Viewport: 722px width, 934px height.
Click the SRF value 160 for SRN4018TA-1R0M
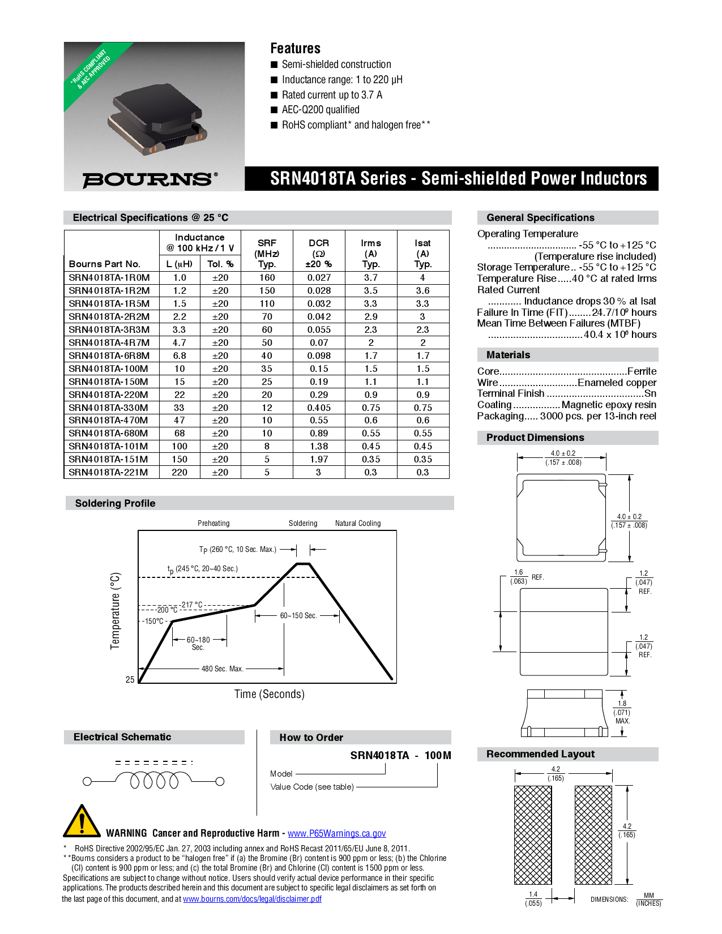click(x=267, y=278)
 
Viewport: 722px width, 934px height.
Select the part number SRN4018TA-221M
click(x=109, y=473)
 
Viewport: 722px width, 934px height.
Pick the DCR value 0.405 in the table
click(x=319, y=408)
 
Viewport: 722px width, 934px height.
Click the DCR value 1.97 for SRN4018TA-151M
click(x=319, y=459)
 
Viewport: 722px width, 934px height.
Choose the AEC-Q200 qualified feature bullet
click(x=321, y=110)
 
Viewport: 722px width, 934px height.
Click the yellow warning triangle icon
click(x=82, y=821)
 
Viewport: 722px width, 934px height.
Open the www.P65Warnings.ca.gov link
click(x=336, y=833)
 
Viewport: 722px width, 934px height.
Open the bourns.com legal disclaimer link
click(x=252, y=899)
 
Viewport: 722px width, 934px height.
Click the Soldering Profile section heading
click(x=115, y=503)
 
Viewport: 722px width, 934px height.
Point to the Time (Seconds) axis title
click(x=270, y=694)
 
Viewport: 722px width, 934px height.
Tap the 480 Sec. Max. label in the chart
click(x=222, y=669)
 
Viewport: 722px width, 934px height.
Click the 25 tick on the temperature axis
click(x=130, y=679)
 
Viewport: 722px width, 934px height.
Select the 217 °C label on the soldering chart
click(x=191, y=605)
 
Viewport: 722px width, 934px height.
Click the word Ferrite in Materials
click(x=642, y=371)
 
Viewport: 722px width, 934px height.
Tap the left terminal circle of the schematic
click(x=87, y=782)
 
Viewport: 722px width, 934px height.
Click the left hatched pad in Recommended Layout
click(x=532, y=835)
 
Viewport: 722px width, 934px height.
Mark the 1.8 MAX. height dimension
click(x=622, y=712)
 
